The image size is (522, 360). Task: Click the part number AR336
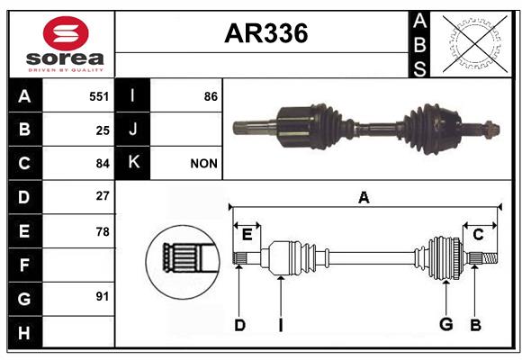[266, 33]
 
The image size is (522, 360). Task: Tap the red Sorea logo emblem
[66, 33]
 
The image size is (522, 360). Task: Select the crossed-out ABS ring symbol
[475, 44]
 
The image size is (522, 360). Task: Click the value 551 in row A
[99, 96]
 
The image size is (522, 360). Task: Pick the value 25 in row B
[103, 130]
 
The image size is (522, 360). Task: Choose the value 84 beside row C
[103, 164]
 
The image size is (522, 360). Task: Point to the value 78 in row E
[103, 231]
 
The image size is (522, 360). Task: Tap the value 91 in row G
[103, 296]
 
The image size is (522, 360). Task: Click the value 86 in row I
[211, 96]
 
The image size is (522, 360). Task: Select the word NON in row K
[203, 164]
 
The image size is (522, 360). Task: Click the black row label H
[25, 332]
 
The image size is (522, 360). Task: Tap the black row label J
[132, 130]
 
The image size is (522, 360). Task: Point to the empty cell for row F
[78, 265]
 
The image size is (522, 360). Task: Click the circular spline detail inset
[183, 262]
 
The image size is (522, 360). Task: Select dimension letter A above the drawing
[364, 198]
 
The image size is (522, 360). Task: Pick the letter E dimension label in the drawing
[247, 235]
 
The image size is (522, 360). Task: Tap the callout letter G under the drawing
[446, 324]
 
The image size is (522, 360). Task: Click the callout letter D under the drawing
[239, 325]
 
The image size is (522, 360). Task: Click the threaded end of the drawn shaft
[490, 258]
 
